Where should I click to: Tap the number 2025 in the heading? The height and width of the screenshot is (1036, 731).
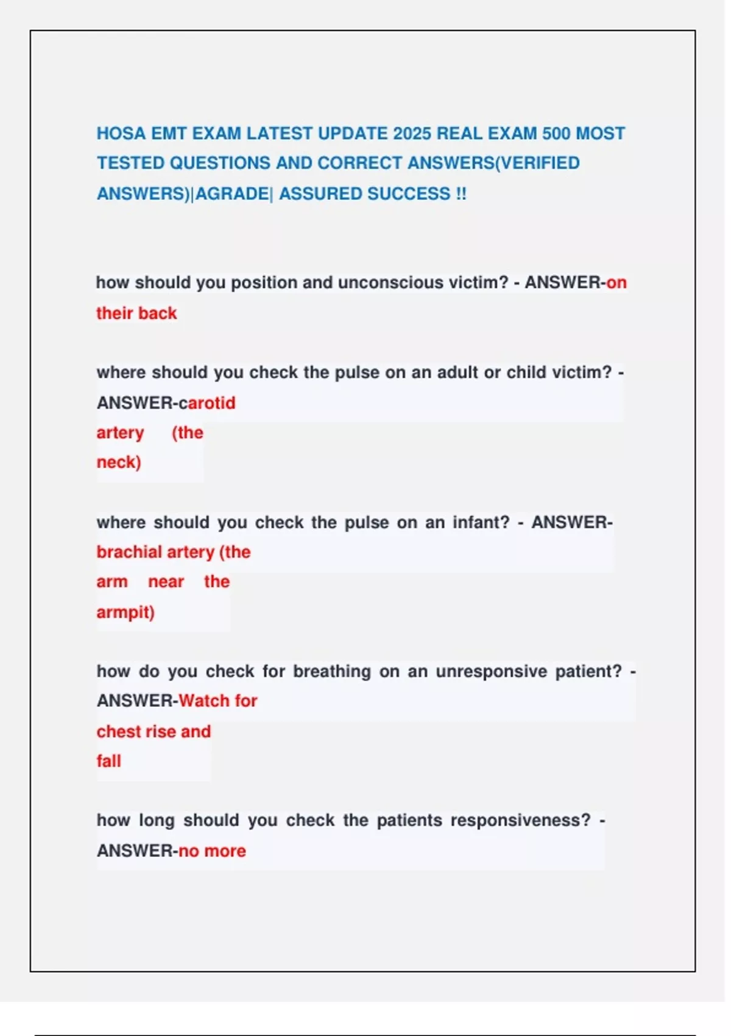pyautogui.click(x=412, y=133)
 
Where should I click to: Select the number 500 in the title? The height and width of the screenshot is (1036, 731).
pyautogui.click(x=556, y=133)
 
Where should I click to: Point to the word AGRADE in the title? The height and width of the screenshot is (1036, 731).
pyautogui.click(x=232, y=194)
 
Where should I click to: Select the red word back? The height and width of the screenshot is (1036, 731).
pyautogui.click(x=158, y=313)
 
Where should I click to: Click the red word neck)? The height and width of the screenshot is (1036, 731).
pyautogui.click(x=119, y=462)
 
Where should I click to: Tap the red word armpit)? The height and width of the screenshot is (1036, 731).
pyautogui.click(x=125, y=612)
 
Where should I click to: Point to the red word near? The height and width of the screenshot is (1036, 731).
pyautogui.click(x=166, y=582)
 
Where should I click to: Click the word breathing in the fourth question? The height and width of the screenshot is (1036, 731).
pyautogui.click(x=332, y=672)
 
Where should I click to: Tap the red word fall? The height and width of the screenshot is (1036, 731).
pyautogui.click(x=108, y=761)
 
